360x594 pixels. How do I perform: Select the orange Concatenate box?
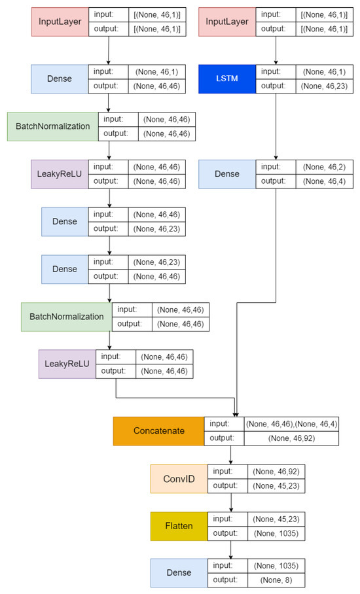click(x=158, y=431)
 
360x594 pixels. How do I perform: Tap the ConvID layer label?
click(x=179, y=478)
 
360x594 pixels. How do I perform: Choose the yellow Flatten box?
click(x=179, y=525)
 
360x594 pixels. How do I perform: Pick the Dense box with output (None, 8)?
click(x=179, y=572)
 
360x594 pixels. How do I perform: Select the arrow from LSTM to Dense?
click(x=278, y=127)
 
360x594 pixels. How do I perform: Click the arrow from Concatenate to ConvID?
click(x=231, y=455)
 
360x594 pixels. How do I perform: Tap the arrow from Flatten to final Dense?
click(x=231, y=549)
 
